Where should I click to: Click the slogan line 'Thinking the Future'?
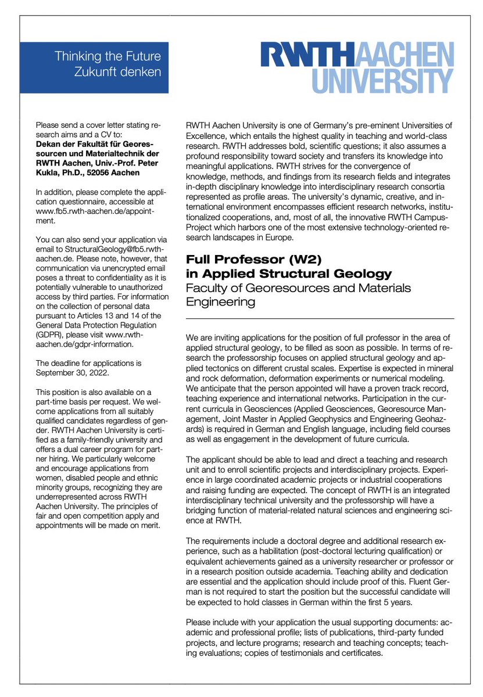point(108,56)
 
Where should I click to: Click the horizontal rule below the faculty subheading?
point(320,318)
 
